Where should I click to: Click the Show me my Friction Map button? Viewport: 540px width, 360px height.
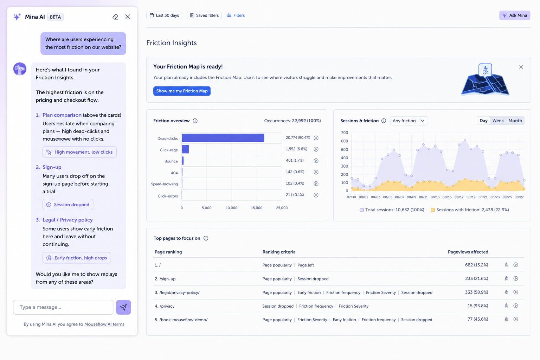point(182,91)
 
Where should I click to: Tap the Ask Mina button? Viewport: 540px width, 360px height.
point(514,15)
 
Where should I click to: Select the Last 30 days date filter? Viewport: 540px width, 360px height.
point(164,15)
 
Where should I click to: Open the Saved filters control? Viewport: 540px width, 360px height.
point(204,15)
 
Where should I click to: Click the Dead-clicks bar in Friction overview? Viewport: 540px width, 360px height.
point(223,138)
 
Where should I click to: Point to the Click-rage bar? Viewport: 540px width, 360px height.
point(185,149)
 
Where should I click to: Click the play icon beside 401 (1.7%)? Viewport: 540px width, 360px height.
point(316,161)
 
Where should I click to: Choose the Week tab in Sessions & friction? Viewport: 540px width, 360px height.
point(498,121)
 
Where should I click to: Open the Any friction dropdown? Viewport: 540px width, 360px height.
point(409,121)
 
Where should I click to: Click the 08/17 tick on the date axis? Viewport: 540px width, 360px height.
point(459,197)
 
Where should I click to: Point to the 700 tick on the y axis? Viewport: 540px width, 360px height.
point(345,133)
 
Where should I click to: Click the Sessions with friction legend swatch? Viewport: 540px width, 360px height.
point(433,210)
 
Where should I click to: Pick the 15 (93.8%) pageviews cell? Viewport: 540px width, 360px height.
point(477,306)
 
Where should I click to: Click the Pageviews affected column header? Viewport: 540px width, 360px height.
point(468,252)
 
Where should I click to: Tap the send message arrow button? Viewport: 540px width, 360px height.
point(123,307)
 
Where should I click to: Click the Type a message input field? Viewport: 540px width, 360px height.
point(63,307)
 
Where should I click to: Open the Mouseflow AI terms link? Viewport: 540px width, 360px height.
point(104,324)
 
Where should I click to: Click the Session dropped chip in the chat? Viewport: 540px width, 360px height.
point(68,205)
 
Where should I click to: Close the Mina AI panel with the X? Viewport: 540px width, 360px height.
point(128,17)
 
